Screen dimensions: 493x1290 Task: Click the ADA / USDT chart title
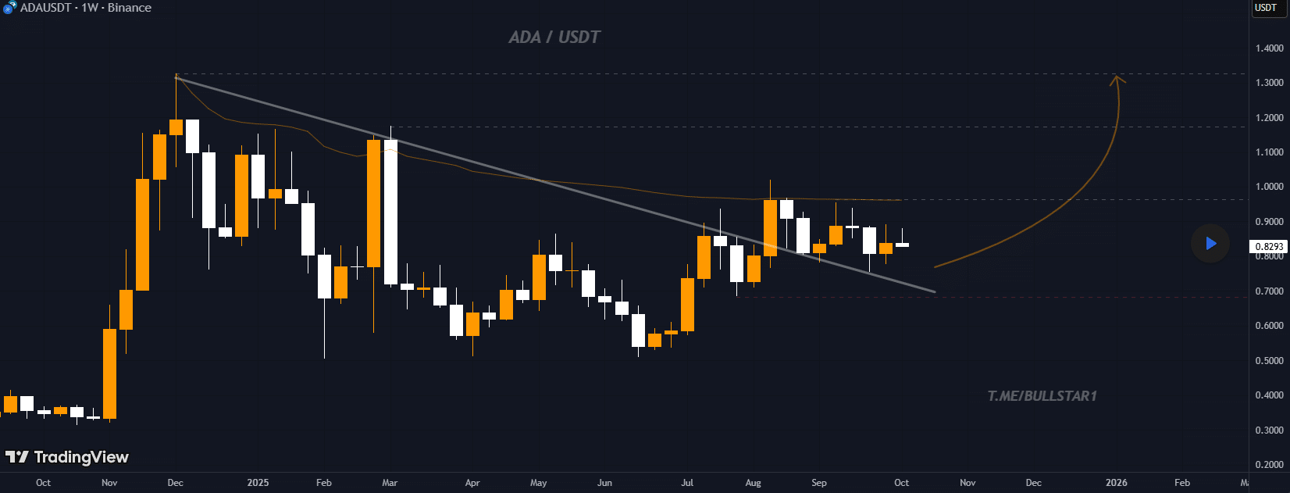pyautogui.click(x=554, y=37)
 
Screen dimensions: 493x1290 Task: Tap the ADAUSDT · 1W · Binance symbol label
pyautogui.click(x=85, y=8)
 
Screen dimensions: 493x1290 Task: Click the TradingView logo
pyautogui.click(x=67, y=457)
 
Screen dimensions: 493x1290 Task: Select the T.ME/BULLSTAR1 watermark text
pyautogui.click(x=1042, y=396)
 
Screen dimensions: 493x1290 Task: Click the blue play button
pyautogui.click(x=1210, y=243)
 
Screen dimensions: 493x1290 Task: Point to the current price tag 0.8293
pyautogui.click(x=1269, y=247)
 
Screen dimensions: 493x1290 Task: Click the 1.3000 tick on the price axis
pyautogui.click(x=1269, y=83)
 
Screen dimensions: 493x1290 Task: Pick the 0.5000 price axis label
pyautogui.click(x=1269, y=361)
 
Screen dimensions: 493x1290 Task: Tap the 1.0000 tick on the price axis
pyautogui.click(x=1269, y=187)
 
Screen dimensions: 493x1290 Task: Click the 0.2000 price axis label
pyautogui.click(x=1269, y=465)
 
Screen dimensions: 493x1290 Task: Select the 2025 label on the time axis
pyautogui.click(x=258, y=483)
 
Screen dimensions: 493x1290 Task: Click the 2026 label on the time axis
pyautogui.click(x=1116, y=483)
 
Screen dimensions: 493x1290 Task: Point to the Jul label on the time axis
pyautogui.click(x=687, y=483)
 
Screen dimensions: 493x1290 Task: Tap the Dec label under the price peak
pyautogui.click(x=176, y=483)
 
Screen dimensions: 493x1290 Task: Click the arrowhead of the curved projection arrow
pyautogui.click(x=1117, y=78)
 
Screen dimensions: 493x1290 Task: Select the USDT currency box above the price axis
pyautogui.click(x=1266, y=8)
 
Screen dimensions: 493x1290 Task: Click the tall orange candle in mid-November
pyautogui.click(x=109, y=373)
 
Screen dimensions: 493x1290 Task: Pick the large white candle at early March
pyautogui.click(x=390, y=211)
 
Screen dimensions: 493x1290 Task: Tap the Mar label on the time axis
pyautogui.click(x=390, y=483)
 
